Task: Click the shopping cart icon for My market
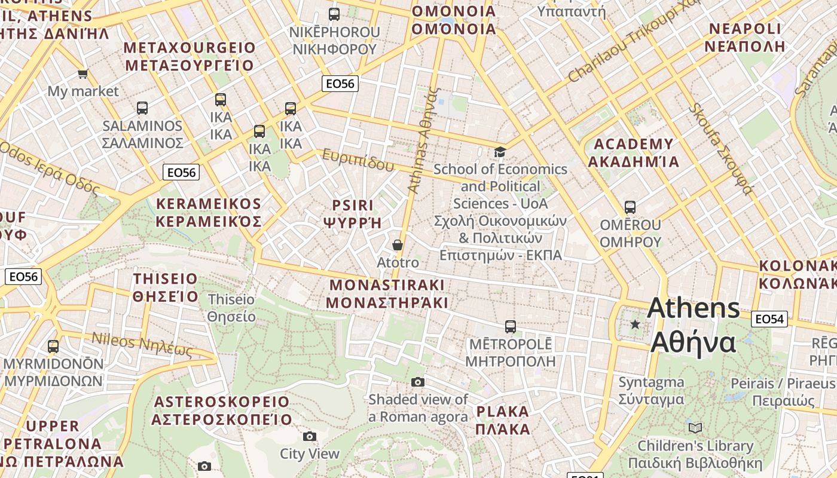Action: tap(83, 73)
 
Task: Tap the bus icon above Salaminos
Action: tap(142, 108)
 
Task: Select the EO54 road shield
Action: tap(769, 319)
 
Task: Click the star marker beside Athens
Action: tap(635, 324)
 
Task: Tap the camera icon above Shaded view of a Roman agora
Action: tap(418, 382)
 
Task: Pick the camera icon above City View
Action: tap(309, 436)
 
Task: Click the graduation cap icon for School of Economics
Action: tap(500, 152)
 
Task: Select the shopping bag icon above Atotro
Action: tap(397, 245)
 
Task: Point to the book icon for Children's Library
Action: tap(695, 428)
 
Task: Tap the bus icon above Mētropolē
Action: tap(510, 326)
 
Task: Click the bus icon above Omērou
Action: tap(630, 207)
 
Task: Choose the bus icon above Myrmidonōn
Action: tap(53, 346)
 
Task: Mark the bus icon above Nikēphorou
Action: tap(334, 14)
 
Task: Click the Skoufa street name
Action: tap(720, 149)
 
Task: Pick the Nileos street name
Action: tap(142, 344)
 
